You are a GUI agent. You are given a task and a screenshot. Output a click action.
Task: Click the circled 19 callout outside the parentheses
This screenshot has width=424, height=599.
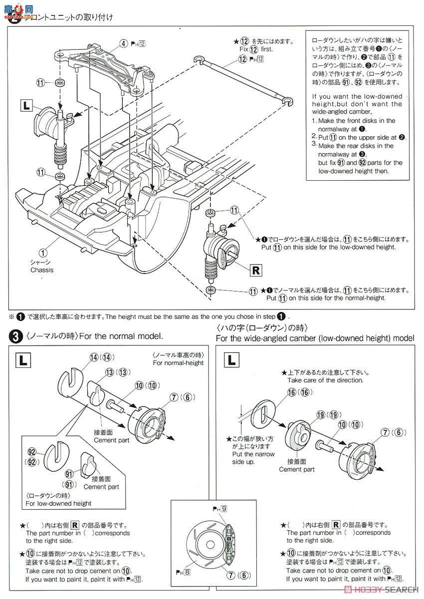[320, 414]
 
